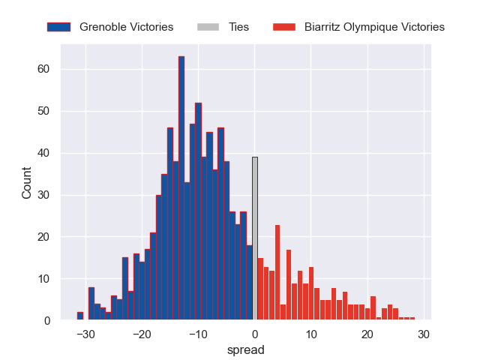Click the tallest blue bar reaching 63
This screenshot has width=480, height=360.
[x=181, y=187]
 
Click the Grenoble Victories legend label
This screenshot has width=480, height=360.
[x=126, y=27]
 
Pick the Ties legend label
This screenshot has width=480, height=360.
[x=238, y=27]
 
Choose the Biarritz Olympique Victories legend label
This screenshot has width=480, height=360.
[x=374, y=27]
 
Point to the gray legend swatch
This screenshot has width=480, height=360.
[x=208, y=27]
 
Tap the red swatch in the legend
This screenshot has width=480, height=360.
[x=283, y=27]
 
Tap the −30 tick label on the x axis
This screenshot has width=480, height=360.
[x=85, y=334]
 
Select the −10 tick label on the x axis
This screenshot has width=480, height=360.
[x=198, y=334]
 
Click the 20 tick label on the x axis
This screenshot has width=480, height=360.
[x=367, y=334]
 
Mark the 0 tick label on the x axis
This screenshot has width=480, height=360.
[x=255, y=334]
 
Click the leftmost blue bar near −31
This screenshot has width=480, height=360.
[x=80, y=316]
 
